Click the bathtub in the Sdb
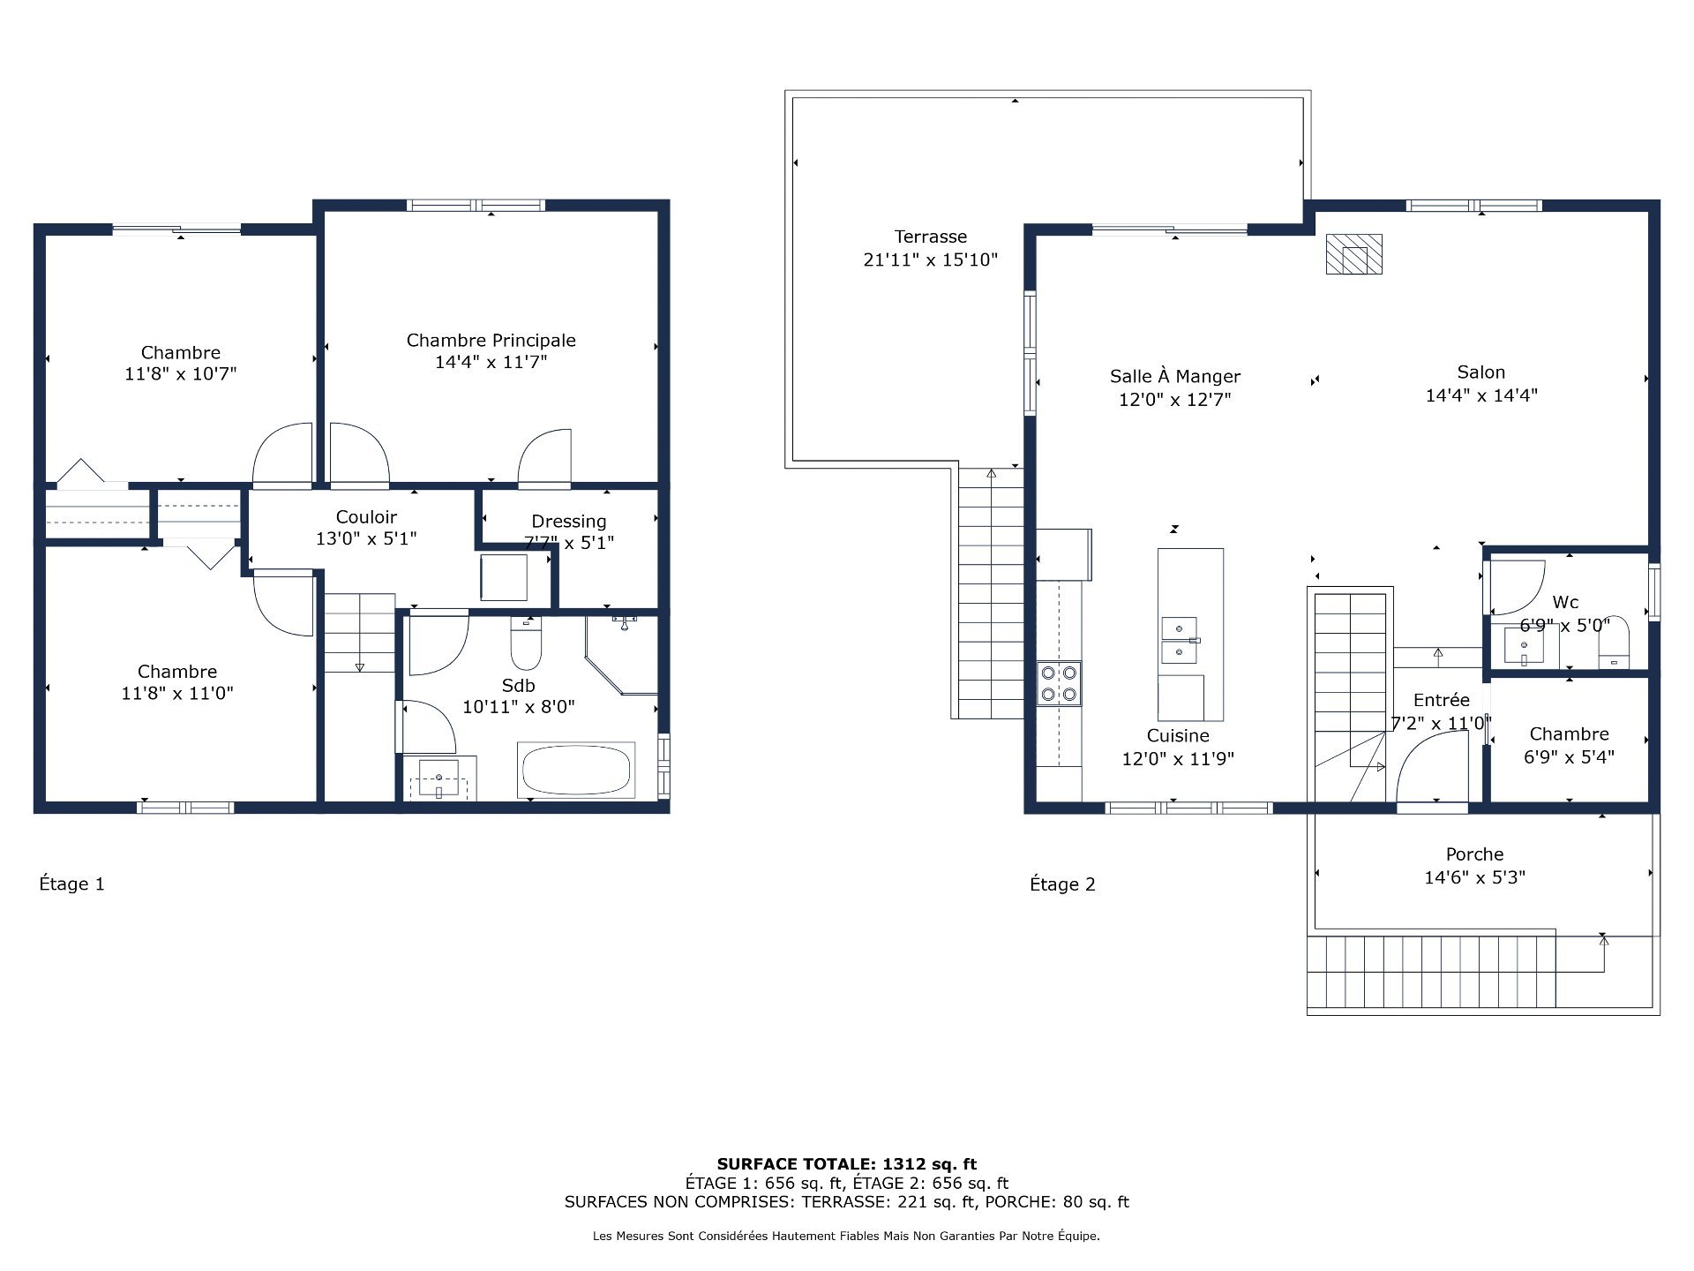point(577,771)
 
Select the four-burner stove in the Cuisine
point(1059,683)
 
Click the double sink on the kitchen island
point(1180,640)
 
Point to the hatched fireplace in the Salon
point(1353,254)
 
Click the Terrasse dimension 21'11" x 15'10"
point(930,259)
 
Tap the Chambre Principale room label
point(491,340)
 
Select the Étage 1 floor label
point(72,884)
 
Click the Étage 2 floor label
point(1062,884)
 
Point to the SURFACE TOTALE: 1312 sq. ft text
point(846,1164)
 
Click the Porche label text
point(1474,854)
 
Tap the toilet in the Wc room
point(1614,646)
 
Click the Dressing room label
point(568,521)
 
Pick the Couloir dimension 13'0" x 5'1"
point(365,538)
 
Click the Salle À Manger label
point(1174,376)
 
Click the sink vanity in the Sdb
point(439,778)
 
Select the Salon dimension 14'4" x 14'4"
point(1480,395)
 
